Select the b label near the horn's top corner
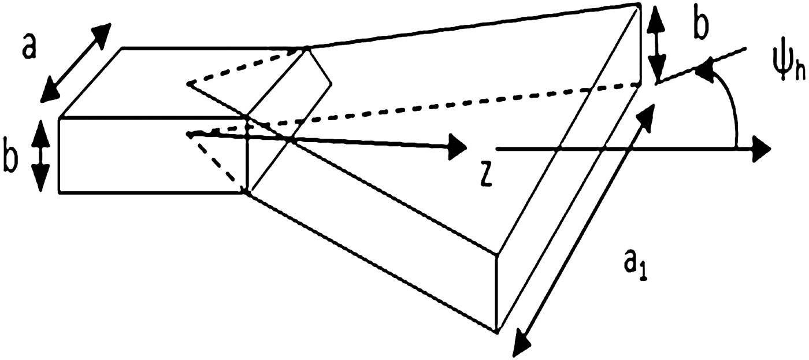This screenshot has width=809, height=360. coord(699,27)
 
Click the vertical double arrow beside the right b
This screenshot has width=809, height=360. coord(658,43)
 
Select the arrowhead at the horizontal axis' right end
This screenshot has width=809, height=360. coord(763,149)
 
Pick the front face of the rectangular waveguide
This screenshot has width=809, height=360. coord(153,155)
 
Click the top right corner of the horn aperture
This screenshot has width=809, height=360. coord(640,6)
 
